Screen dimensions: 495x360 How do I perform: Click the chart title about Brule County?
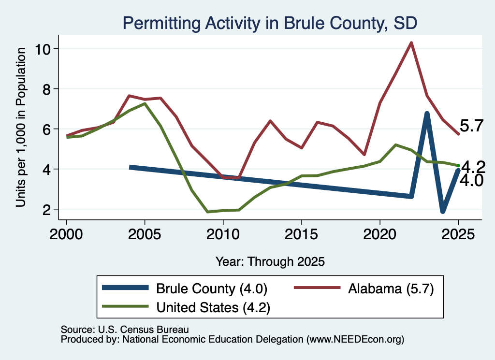pyautogui.click(x=270, y=23)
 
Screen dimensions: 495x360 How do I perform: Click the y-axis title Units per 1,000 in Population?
pyautogui.click(x=21, y=127)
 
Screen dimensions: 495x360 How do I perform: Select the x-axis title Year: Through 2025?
pyautogui.click(x=270, y=261)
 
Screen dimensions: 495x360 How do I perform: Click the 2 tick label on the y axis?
pyautogui.click(x=47, y=210)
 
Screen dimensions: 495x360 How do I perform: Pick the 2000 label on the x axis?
pyautogui.click(x=66, y=234)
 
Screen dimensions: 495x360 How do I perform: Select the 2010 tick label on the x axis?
pyautogui.click(x=223, y=234)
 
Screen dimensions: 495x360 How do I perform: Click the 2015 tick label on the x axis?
pyautogui.click(x=302, y=234)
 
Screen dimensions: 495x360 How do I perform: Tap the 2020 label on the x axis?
pyautogui.click(x=380, y=234)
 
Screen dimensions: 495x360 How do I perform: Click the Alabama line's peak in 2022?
pyautogui.click(x=411, y=43)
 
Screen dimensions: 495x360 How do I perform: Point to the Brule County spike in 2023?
pyautogui.click(x=427, y=114)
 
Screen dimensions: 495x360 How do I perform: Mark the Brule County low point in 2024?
pyautogui.click(x=443, y=211)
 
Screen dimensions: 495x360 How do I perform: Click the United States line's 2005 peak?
pyautogui.click(x=145, y=103)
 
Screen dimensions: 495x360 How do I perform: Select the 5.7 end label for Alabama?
pyautogui.click(x=471, y=126)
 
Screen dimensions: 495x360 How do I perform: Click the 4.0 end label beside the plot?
pyautogui.click(x=471, y=181)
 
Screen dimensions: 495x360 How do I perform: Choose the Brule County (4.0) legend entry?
pyautogui.click(x=185, y=288)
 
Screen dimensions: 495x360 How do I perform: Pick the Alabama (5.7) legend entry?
pyautogui.click(x=364, y=288)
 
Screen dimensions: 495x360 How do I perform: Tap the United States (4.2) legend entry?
pyautogui.click(x=186, y=307)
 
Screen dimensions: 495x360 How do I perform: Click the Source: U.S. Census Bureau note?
pyautogui.click(x=125, y=330)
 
